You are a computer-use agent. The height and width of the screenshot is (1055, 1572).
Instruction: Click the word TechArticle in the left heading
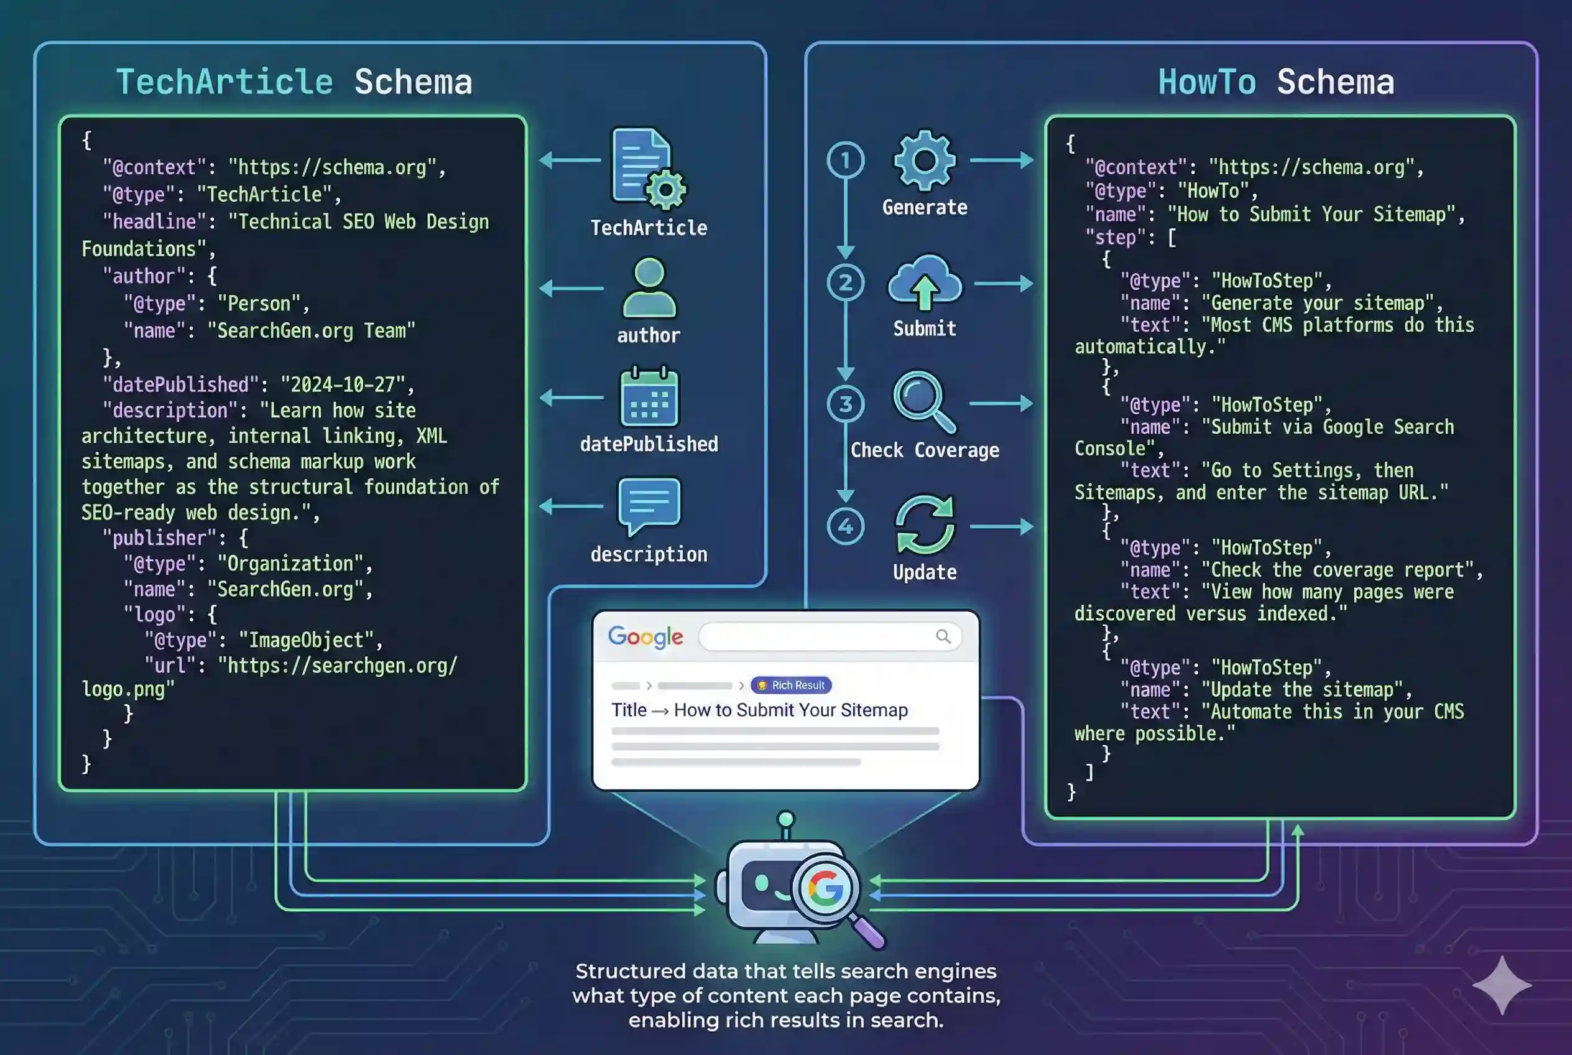point(224,81)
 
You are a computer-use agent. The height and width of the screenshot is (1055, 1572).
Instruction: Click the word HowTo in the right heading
point(1206,81)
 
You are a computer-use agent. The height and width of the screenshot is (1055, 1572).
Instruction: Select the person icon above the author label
point(649,287)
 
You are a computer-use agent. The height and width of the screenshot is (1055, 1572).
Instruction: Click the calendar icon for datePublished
point(649,397)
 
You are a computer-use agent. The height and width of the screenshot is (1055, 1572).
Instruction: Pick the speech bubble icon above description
point(649,505)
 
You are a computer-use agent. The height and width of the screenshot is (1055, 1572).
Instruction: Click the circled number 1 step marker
point(845,160)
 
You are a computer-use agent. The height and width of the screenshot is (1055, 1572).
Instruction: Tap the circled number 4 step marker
point(845,526)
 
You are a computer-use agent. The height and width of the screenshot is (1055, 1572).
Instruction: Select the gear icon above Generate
point(924,160)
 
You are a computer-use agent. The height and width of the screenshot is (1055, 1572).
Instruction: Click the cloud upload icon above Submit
point(924,282)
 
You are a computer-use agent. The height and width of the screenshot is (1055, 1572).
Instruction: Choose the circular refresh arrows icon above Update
point(924,525)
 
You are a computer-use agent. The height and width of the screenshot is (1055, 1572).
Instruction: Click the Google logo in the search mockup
point(645,636)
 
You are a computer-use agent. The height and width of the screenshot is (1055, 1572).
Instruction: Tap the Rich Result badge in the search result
point(791,685)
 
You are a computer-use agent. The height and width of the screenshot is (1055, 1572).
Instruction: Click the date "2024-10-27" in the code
point(343,384)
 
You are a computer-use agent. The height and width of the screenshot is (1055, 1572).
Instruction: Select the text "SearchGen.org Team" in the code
point(312,330)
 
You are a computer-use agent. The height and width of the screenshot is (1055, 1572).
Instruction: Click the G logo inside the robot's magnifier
point(825,888)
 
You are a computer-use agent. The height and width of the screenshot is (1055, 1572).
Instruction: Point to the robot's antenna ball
point(785,819)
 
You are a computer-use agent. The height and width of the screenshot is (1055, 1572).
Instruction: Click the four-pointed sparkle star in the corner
point(1501,985)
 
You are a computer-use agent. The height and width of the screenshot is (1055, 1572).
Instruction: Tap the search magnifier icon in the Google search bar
point(943,636)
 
